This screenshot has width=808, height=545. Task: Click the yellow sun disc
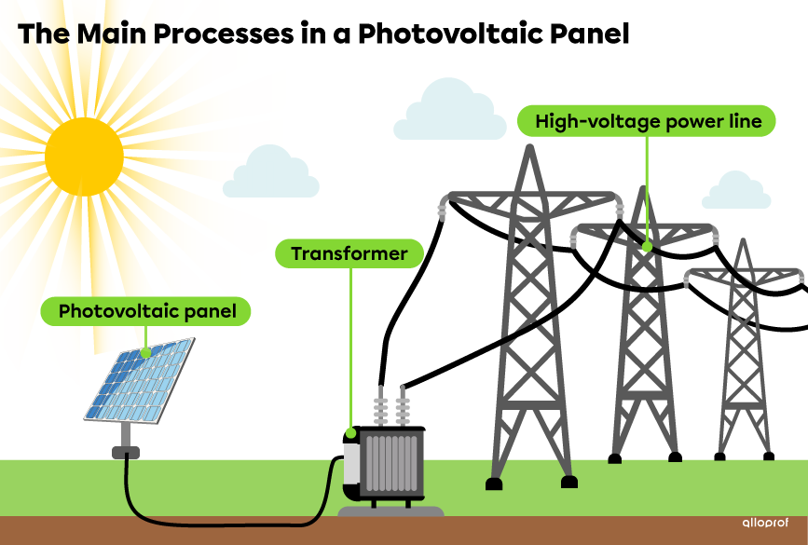[x=84, y=157]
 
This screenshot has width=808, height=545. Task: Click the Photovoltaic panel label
[x=145, y=311]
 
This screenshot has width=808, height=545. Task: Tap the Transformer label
[x=349, y=253]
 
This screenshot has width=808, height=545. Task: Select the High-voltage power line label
[x=646, y=121]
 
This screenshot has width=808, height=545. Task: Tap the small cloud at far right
[x=736, y=193]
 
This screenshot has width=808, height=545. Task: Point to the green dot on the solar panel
[x=145, y=354]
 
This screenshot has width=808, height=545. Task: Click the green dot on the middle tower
[x=647, y=247]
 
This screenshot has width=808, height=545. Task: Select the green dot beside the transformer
[x=350, y=432]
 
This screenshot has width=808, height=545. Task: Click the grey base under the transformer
[x=390, y=511]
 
